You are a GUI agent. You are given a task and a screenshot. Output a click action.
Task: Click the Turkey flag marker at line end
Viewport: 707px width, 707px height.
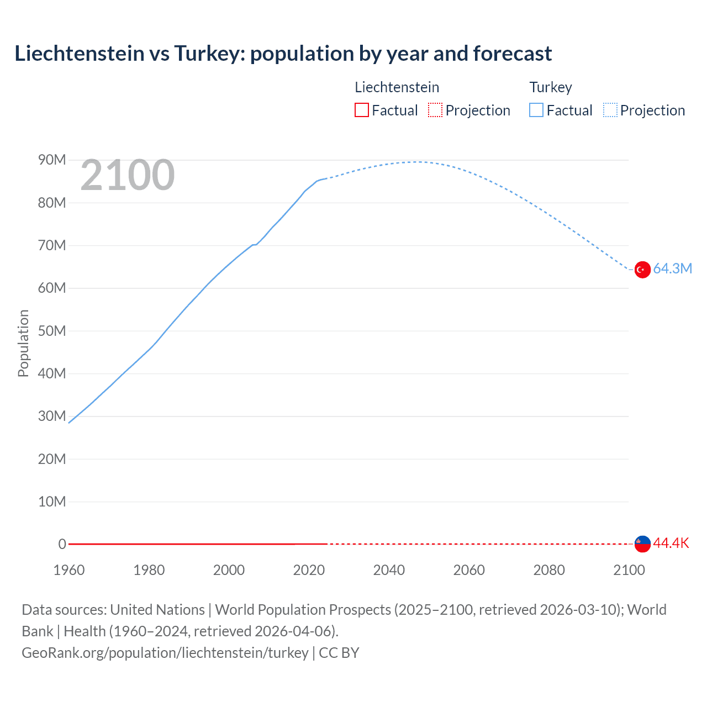point(642,270)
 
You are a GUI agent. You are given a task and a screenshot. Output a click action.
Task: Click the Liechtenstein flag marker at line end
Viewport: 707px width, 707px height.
point(642,544)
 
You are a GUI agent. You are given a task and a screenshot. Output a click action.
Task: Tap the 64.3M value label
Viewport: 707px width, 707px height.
point(672,269)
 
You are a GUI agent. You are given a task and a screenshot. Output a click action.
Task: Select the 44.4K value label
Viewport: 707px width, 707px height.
point(671,544)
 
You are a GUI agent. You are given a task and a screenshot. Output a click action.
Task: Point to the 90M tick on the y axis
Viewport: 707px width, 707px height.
point(52,160)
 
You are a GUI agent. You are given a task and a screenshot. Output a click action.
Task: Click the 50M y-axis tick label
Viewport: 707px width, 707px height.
point(52,331)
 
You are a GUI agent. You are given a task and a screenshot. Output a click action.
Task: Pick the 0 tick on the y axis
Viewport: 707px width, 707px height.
point(62,544)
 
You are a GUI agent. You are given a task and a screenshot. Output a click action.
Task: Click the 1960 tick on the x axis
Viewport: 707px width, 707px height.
point(69,570)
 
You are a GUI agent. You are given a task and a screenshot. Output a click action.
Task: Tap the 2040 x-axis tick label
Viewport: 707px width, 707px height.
point(389,570)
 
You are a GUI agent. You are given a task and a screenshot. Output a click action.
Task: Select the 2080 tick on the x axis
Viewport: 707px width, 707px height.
point(549,570)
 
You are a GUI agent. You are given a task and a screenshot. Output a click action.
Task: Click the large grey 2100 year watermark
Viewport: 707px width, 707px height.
point(128,176)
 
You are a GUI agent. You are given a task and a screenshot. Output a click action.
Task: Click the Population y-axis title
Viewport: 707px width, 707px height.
point(23,343)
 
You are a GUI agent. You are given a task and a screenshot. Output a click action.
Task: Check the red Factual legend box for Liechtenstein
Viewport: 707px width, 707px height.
point(362,110)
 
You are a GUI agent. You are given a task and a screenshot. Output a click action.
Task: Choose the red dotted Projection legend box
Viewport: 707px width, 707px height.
point(435,110)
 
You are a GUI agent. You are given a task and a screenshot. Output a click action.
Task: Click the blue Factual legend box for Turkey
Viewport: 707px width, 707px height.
point(536,110)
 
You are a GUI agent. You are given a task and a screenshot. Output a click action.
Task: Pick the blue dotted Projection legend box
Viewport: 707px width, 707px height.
point(610,110)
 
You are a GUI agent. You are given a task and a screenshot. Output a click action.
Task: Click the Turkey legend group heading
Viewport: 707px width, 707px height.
point(551,87)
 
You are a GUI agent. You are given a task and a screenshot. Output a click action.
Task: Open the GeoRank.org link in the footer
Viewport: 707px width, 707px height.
point(165,653)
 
